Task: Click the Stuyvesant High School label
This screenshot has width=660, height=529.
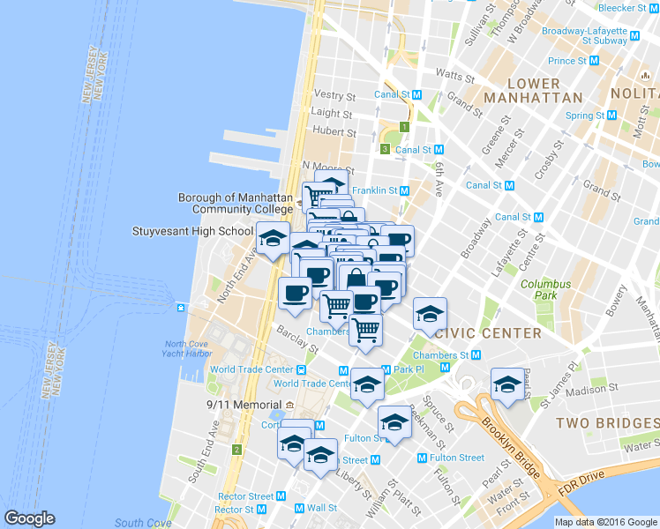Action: pyautogui.click(x=192, y=232)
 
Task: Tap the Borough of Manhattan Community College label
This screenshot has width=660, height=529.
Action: pyautogui.click(x=235, y=204)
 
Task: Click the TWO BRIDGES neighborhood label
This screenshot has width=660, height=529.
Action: pyautogui.click(x=607, y=424)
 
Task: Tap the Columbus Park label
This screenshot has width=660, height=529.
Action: pyautogui.click(x=545, y=290)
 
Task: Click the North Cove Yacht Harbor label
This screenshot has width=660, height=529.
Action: pyautogui.click(x=188, y=349)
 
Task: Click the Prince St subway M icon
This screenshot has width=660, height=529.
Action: pyautogui.click(x=594, y=61)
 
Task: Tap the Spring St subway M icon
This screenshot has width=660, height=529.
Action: pyautogui.click(x=611, y=115)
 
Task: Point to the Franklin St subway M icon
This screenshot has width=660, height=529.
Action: pyautogui.click(x=405, y=190)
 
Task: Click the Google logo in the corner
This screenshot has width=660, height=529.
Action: pyautogui.click(x=29, y=518)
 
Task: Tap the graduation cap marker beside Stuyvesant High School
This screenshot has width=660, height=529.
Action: pyautogui.click(x=273, y=238)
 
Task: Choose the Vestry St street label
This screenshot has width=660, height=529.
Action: pyautogui.click(x=334, y=95)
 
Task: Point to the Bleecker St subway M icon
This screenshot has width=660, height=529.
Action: pyautogui.click(x=653, y=8)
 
